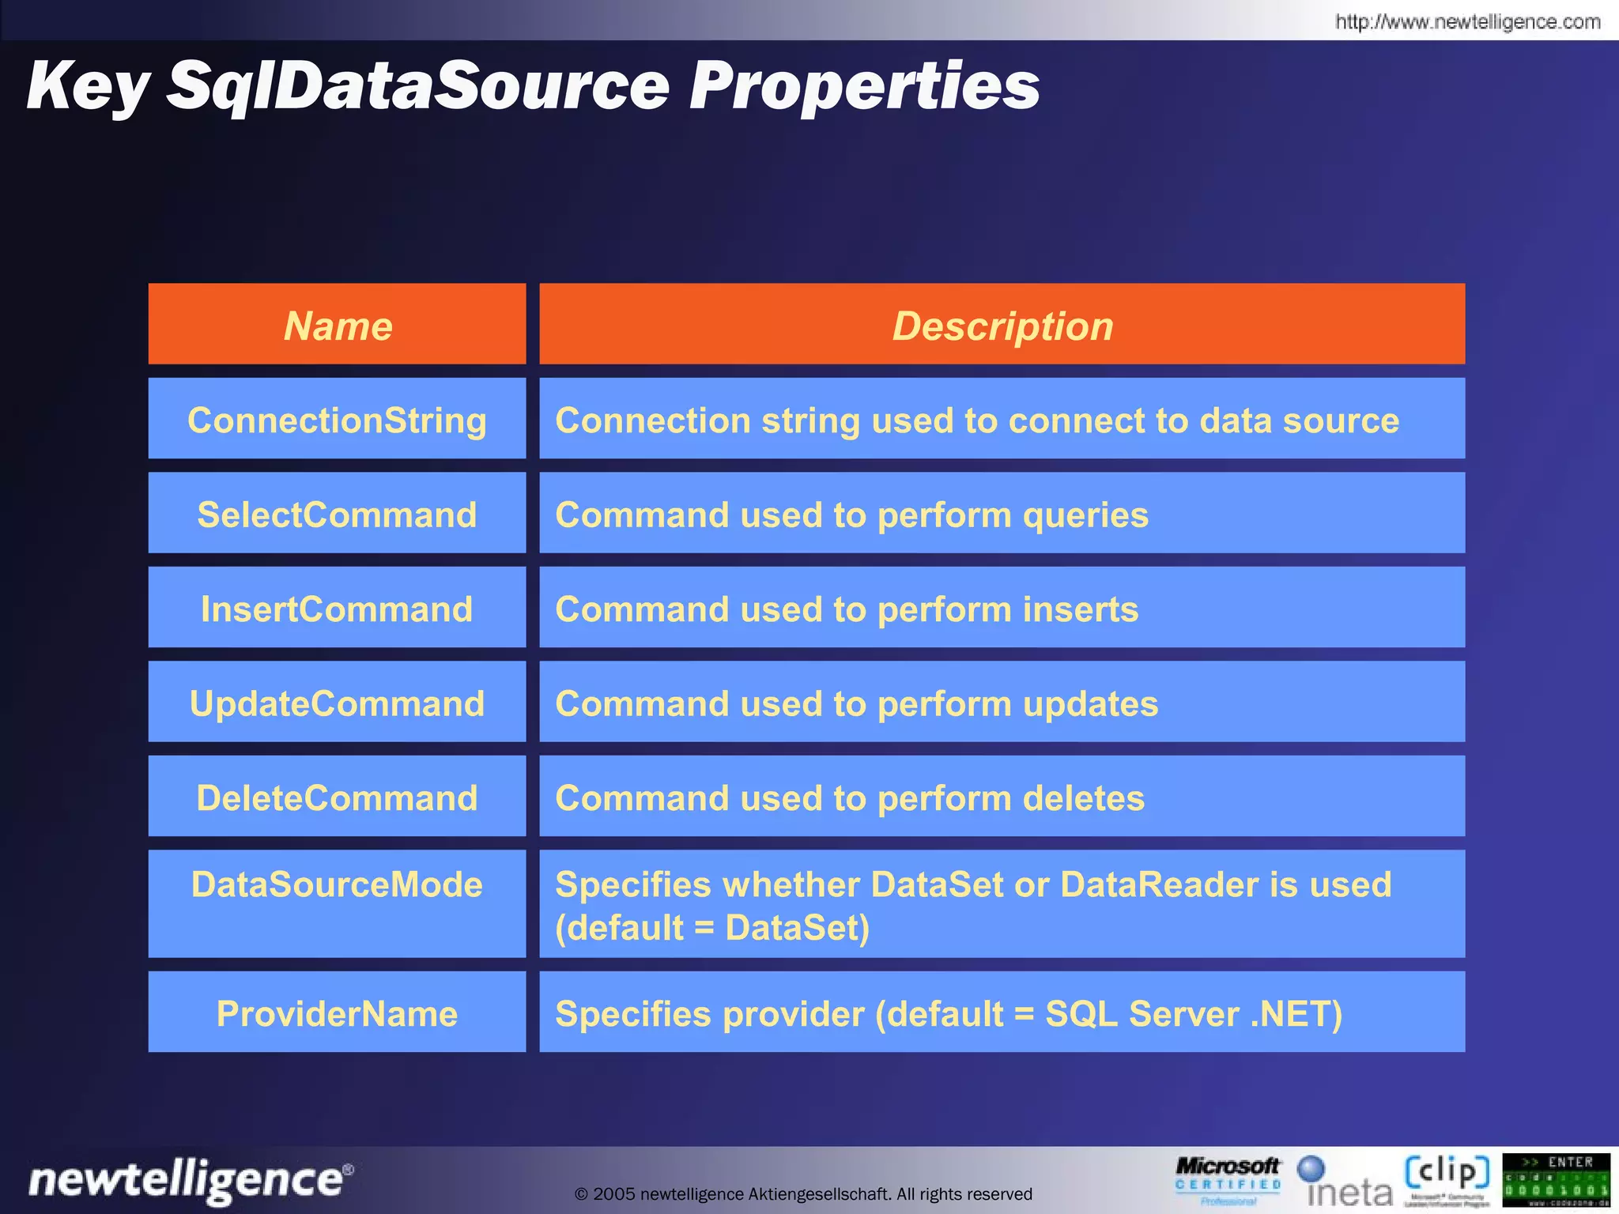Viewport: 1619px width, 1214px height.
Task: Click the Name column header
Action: click(338, 326)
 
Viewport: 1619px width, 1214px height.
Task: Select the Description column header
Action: click(1002, 326)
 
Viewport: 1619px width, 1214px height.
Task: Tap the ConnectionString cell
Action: click(338, 420)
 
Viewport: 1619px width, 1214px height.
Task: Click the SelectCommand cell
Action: click(338, 515)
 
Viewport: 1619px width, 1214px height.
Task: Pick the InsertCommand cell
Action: click(338, 609)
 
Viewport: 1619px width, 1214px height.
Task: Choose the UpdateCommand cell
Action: click(338, 703)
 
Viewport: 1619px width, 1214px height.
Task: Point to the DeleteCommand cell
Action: click(338, 797)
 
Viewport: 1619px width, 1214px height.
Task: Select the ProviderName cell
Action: click(338, 1013)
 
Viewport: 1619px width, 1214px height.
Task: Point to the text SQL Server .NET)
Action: click(1193, 1014)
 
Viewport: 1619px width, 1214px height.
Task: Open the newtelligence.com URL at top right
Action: click(1467, 21)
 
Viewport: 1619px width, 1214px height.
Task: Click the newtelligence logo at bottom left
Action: click(190, 1181)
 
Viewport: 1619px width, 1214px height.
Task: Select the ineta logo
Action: click(1346, 1182)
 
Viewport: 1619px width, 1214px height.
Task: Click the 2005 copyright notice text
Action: click(803, 1193)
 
